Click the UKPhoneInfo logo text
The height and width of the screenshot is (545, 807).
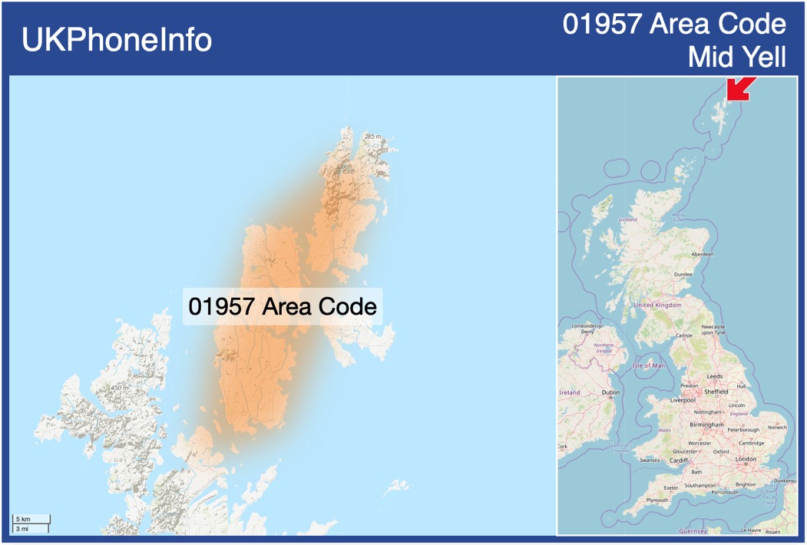tap(117, 40)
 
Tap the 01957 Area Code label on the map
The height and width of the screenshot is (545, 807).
tap(283, 306)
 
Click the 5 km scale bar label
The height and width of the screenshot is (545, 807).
tap(23, 520)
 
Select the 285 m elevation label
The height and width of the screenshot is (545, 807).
tap(373, 137)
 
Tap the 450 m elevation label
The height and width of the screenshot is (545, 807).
tap(119, 388)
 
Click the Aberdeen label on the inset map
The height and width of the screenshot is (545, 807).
tap(702, 254)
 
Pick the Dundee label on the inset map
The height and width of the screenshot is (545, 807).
tap(683, 274)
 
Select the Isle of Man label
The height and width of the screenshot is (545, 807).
tap(649, 365)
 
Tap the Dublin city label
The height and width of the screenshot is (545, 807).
tap(610, 392)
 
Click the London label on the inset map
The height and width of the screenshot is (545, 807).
tap(746, 459)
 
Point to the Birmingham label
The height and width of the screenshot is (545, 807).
tap(706, 424)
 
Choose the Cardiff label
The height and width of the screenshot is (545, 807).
tap(680, 461)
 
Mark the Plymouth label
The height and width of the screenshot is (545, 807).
tap(657, 500)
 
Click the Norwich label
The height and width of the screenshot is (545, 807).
tap(777, 427)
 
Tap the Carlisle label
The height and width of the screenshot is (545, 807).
tap(683, 335)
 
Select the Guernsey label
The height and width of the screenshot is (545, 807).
tap(693, 531)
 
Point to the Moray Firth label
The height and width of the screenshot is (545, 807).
tap(679, 217)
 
